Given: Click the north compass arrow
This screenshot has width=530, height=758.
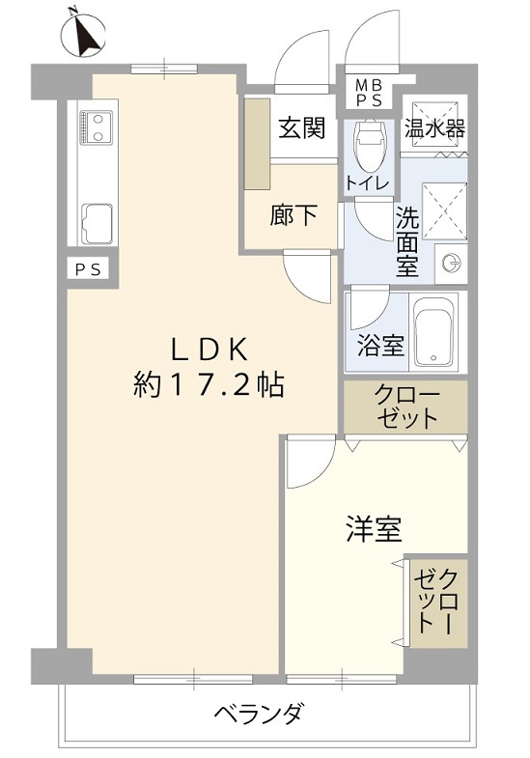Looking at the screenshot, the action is click(x=88, y=35).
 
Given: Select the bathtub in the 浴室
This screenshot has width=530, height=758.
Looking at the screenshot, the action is click(x=435, y=331).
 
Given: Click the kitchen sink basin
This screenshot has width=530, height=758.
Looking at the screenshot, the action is click(x=98, y=224).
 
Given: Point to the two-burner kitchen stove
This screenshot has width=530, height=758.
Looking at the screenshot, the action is click(x=97, y=127).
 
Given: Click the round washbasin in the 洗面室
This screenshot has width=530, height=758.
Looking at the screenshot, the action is click(x=452, y=264).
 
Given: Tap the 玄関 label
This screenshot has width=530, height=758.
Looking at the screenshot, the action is click(x=302, y=128).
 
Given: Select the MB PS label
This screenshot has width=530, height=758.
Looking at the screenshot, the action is click(x=370, y=94).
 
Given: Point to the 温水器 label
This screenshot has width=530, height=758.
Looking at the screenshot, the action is click(x=434, y=128).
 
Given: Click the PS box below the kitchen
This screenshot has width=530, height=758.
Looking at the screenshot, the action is click(x=89, y=269).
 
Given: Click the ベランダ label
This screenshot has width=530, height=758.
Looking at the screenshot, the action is click(x=260, y=713).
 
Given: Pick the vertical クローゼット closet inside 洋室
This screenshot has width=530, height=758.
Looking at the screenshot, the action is click(x=438, y=603).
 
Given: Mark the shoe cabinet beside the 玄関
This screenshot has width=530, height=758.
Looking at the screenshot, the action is click(x=257, y=144).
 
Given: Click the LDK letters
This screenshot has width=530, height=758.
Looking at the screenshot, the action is click(x=209, y=350).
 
